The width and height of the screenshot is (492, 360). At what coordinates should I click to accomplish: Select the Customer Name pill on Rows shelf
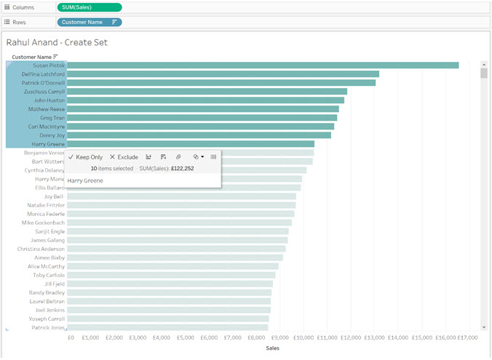pyautogui.click(x=89, y=22)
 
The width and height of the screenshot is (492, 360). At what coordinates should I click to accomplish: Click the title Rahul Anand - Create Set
pyautogui.click(x=57, y=43)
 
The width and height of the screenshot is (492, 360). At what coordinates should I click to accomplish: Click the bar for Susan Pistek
pyautogui.click(x=262, y=65)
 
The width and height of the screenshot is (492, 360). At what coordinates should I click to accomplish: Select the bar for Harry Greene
pyautogui.click(x=190, y=144)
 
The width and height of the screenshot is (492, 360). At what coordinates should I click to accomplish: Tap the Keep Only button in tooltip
pyautogui.click(x=85, y=157)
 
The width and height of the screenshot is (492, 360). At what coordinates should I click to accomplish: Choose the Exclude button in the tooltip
pyautogui.click(x=124, y=157)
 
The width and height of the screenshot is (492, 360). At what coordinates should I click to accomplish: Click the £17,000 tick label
pyautogui.click(x=467, y=337)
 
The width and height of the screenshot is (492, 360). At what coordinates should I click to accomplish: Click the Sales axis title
pyautogui.click(x=272, y=348)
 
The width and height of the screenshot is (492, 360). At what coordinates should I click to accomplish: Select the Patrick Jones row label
pyautogui.click(x=48, y=328)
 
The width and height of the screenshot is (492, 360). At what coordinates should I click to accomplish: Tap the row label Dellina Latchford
pyautogui.click(x=43, y=74)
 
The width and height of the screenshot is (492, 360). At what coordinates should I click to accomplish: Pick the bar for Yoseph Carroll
pyautogui.click(x=167, y=319)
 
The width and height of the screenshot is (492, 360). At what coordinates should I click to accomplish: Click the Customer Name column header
pyautogui.click(x=31, y=57)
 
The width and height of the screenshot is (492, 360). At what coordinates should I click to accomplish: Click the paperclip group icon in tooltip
pyautogui.click(x=178, y=157)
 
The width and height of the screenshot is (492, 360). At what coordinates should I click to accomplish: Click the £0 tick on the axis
pyautogui.click(x=71, y=337)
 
